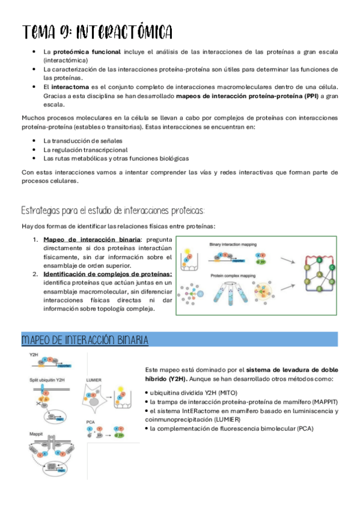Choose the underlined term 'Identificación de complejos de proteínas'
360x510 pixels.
(108, 274)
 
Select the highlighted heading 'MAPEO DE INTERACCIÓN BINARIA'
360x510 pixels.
(85, 340)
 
